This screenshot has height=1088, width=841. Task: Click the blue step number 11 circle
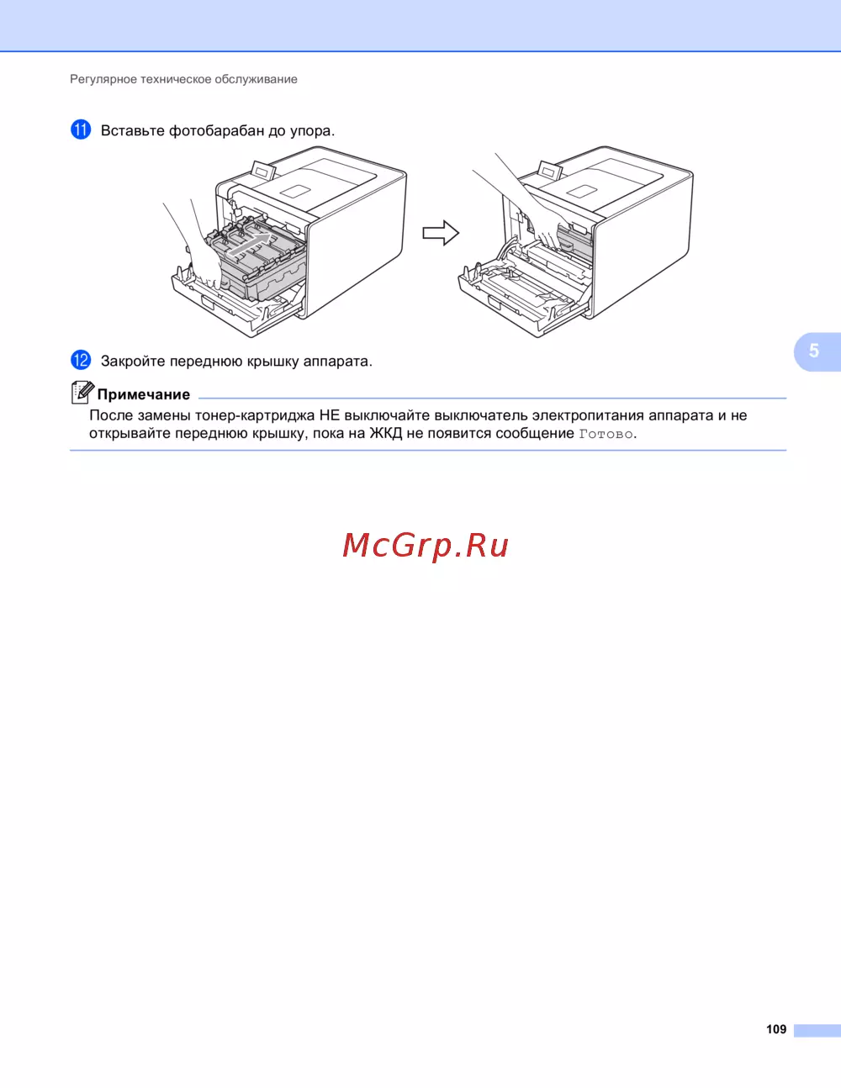click(81, 129)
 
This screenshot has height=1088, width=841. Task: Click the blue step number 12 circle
click(81, 360)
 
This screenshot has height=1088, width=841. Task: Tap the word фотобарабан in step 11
click(216, 130)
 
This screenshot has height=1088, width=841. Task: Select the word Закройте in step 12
click(133, 361)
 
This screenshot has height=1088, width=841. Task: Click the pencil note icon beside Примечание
click(82, 393)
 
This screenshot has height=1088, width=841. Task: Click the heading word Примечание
click(144, 394)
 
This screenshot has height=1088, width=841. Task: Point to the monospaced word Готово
click(606, 434)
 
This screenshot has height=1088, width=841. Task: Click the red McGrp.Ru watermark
click(426, 545)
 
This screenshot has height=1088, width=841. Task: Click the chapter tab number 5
click(814, 351)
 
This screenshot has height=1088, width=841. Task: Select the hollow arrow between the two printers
click(441, 233)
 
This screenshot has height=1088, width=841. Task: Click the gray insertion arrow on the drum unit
click(249, 245)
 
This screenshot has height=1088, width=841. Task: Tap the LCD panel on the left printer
click(263, 172)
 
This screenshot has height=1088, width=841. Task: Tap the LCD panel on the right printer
click(549, 172)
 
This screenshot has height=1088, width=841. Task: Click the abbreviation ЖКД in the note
click(385, 433)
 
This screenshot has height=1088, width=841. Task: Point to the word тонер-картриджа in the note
click(255, 415)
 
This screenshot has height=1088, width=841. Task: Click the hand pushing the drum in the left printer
click(198, 256)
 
